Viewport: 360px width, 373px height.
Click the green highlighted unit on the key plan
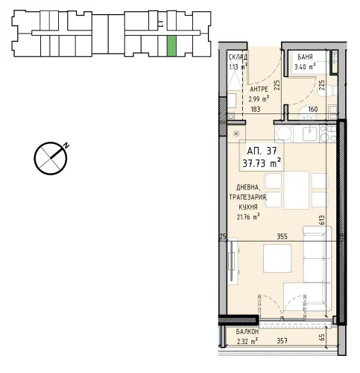click(171, 46)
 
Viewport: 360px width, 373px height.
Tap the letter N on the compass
click(66, 145)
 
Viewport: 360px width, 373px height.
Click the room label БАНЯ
click(305, 57)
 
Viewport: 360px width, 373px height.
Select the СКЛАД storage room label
click(238, 57)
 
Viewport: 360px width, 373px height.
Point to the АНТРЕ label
click(259, 89)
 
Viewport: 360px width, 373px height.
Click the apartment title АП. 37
click(262, 151)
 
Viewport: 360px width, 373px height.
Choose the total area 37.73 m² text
click(262, 163)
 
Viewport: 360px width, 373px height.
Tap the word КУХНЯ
click(248, 207)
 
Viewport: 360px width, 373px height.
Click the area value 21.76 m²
click(248, 217)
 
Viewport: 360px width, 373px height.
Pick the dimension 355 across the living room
click(282, 236)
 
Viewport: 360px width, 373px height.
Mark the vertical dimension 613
click(321, 220)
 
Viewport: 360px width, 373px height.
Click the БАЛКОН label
click(247, 331)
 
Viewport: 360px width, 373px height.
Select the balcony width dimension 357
click(282, 341)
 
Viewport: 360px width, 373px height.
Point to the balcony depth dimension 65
click(322, 337)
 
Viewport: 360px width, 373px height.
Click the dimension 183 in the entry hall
click(256, 109)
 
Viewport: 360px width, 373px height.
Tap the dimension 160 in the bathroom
click(313, 109)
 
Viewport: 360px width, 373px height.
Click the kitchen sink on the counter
click(309, 134)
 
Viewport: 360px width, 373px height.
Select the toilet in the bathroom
click(328, 91)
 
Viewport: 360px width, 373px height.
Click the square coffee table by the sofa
click(277, 258)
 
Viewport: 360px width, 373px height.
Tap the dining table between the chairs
click(297, 190)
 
